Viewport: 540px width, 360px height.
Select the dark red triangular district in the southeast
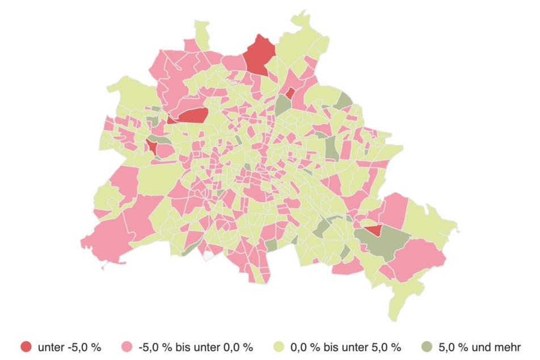click(x=373, y=231)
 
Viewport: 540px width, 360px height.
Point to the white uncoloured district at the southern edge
click(x=209, y=255)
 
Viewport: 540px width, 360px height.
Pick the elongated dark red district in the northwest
click(x=192, y=116)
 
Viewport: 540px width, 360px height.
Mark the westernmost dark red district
click(x=152, y=146)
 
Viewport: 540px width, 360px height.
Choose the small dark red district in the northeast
click(x=290, y=93)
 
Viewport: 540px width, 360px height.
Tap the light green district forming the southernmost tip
click(x=400, y=307)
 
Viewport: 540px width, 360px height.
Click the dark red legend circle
click(x=26, y=346)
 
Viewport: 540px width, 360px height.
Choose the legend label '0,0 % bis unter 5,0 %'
click(x=346, y=347)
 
